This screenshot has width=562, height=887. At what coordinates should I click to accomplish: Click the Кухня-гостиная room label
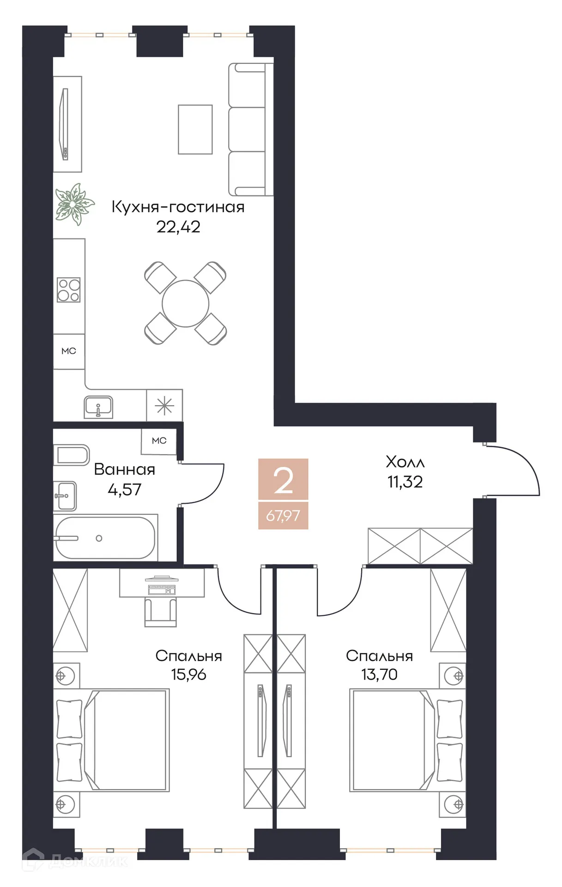pyautogui.click(x=178, y=207)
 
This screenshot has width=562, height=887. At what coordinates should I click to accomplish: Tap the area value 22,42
pyautogui.click(x=178, y=227)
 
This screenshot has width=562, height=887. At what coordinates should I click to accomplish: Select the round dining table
pyautogui.click(x=185, y=304)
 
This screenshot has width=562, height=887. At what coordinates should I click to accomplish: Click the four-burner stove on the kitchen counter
pyautogui.click(x=68, y=290)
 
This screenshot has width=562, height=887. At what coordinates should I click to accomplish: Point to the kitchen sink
pyautogui.click(x=98, y=407)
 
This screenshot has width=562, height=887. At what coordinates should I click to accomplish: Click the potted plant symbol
pyautogui.click(x=74, y=204)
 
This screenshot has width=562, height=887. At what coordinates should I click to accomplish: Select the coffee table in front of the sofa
pyautogui.click(x=195, y=129)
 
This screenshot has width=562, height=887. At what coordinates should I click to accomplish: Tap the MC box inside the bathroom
pyautogui.click(x=159, y=441)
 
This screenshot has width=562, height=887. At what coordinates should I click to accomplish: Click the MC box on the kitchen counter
pyautogui.click(x=68, y=351)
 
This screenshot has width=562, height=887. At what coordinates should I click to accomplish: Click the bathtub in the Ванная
pyautogui.click(x=105, y=538)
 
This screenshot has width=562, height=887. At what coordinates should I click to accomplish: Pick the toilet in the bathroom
pyautogui.click(x=72, y=455)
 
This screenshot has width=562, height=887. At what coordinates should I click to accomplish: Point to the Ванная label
pyautogui.click(x=124, y=469)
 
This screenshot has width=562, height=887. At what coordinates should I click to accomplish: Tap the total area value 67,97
pyautogui.click(x=283, y=515)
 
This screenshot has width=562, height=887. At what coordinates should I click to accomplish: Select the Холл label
pyautogui.click(x=405, y=462)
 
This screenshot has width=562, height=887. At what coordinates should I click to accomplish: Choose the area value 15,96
pyautogui.click(x=188, y=674)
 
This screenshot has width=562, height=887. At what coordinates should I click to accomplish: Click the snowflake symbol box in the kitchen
pyautogui.click(x=164, y=406)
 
